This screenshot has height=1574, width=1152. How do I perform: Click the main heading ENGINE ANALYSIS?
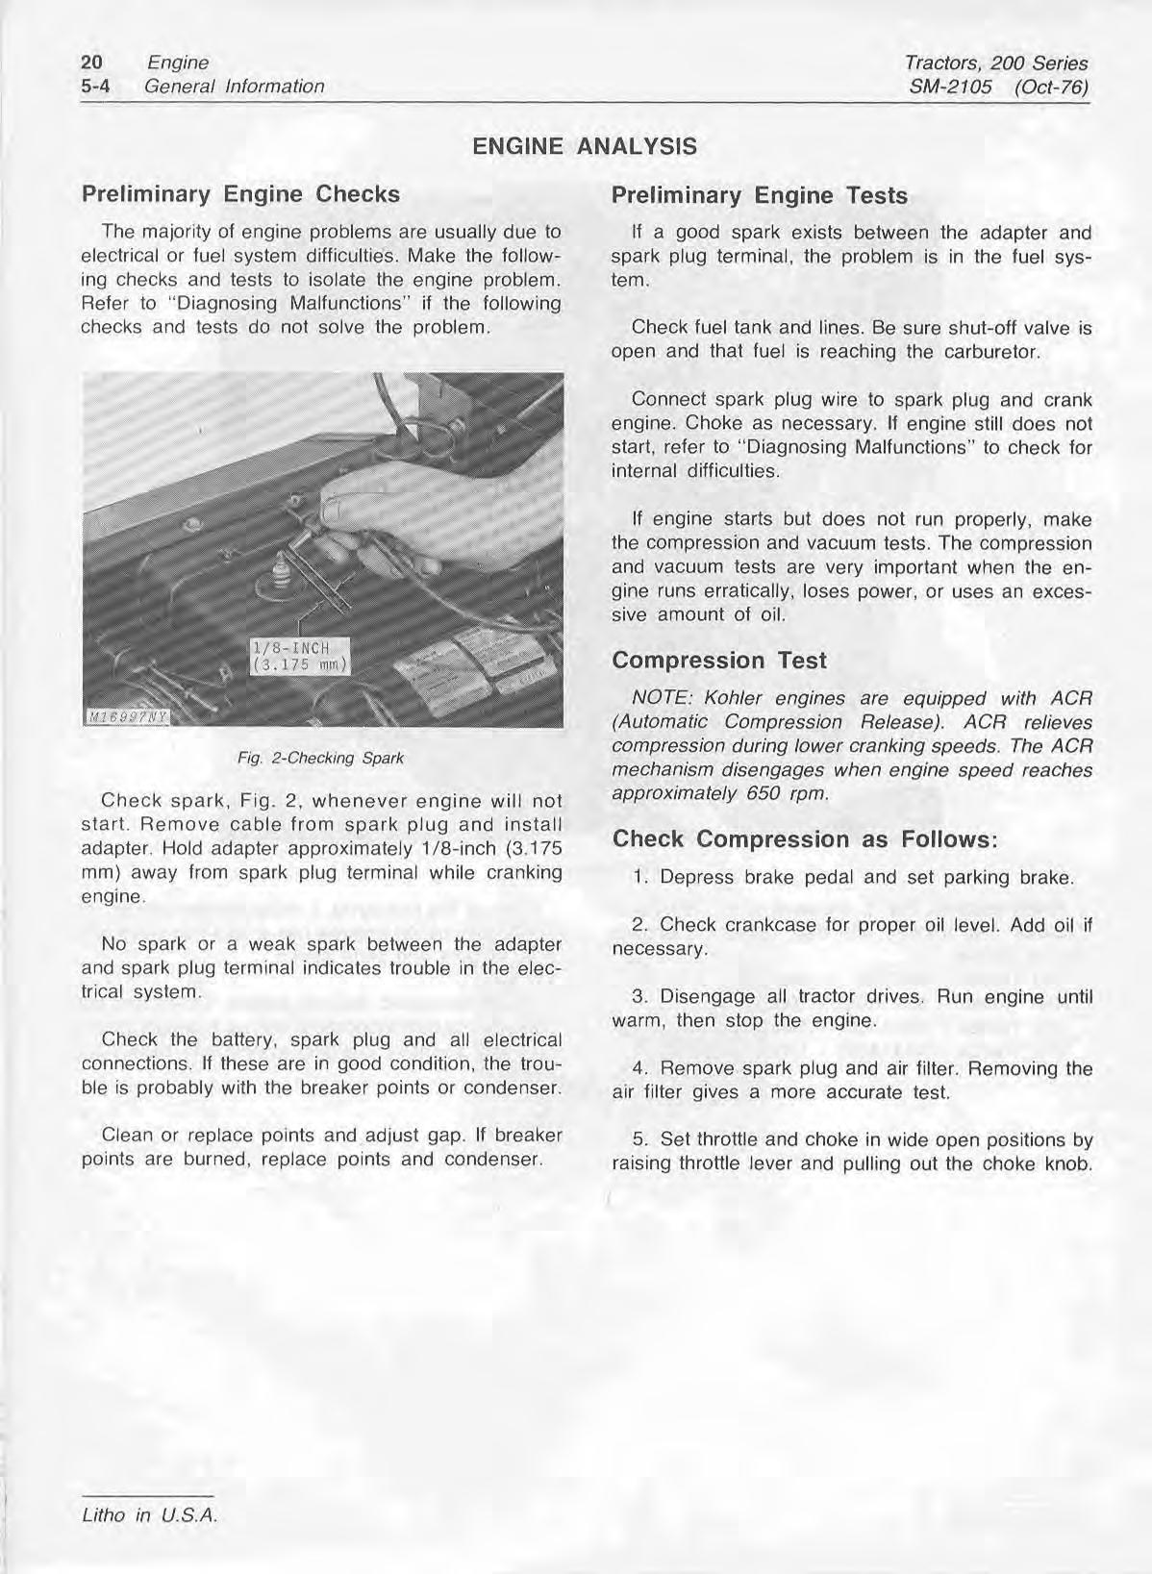[585, 147]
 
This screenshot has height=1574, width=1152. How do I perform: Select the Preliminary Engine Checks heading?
[240, 194]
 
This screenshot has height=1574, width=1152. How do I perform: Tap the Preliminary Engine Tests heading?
[759, 196]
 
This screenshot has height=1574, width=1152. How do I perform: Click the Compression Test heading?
[718, 661]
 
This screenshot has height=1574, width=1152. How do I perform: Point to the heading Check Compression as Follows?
[806, 838]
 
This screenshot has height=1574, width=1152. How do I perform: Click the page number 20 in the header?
[92, 62]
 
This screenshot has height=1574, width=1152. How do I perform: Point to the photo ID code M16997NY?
[125, 716]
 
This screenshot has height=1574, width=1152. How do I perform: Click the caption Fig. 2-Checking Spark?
[320, 758]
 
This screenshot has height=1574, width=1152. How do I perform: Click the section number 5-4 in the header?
[96, 87]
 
